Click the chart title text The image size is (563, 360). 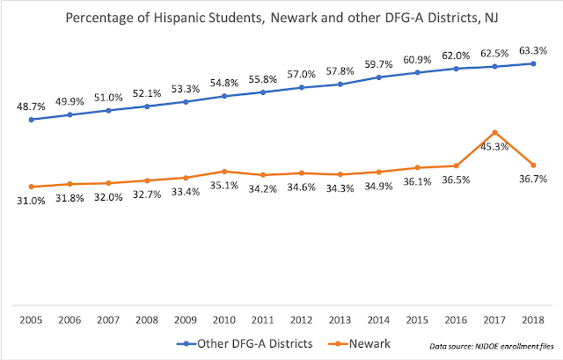pos(281,18)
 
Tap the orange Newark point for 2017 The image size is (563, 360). pos(495,132)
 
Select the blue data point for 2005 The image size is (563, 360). pos(31,119)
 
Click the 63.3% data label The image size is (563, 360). pos(532,48)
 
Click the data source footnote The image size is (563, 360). pos(500,343)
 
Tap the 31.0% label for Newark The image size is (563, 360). pos(31,202)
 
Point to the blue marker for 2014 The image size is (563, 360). pos(379,77)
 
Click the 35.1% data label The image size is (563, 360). pos(224,187)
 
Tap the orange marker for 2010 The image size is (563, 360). pos(224,171)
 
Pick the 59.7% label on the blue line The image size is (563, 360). pos(378,62)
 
